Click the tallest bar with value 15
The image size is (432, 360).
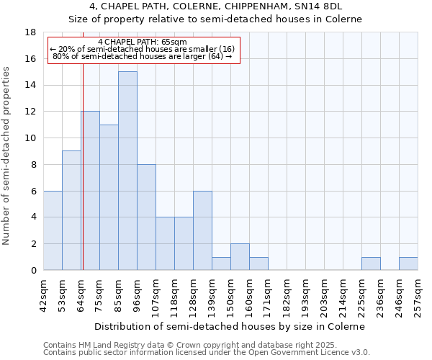127,171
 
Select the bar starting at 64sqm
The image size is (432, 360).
90,191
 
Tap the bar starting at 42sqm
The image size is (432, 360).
53,230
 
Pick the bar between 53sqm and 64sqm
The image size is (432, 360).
71,210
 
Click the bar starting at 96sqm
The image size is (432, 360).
146,217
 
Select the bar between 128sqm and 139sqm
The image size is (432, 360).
202,230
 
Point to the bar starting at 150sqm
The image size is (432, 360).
240,257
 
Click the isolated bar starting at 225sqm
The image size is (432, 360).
371,264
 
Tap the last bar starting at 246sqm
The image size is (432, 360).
408,264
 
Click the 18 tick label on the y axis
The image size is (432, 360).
30,32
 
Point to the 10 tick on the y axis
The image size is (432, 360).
30,138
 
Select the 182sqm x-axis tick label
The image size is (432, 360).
287,296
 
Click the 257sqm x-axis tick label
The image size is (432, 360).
418,296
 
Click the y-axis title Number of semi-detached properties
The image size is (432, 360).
8,156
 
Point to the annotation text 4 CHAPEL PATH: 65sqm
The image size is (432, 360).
142,42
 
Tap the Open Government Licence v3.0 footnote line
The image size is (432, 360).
207,353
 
